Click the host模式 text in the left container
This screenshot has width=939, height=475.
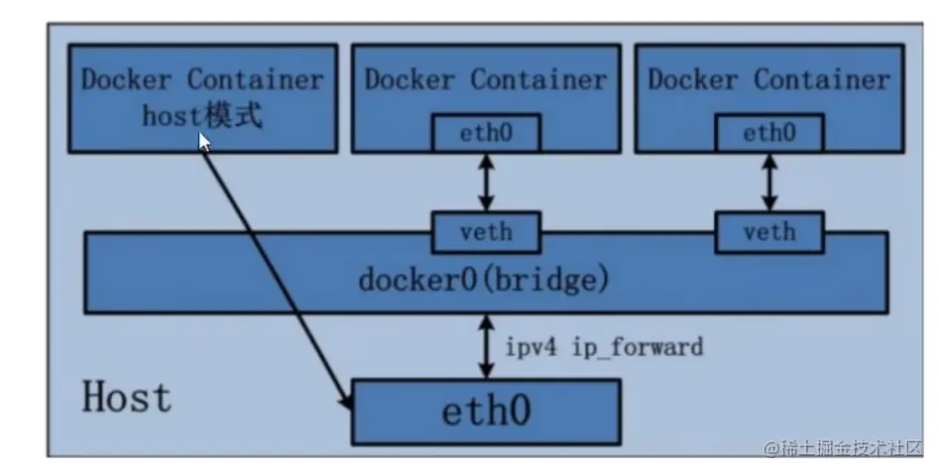point(202,116)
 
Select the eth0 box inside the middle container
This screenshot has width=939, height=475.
point(486,133)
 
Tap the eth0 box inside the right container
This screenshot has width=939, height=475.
point(769,133)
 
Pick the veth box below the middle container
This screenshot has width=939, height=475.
point(486,232)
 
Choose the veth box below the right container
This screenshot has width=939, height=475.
point(769,232)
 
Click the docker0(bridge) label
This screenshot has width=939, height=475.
point(481,280)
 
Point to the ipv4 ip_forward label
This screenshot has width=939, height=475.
point(605,347)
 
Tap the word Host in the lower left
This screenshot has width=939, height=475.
point(126,398)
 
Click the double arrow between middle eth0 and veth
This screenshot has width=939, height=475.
point(486,181)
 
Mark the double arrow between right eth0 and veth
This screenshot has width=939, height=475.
point(769,181)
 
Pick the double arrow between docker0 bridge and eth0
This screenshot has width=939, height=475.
point(486,346)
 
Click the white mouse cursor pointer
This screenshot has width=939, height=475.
point(205,141)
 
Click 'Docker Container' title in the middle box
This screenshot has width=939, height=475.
point(486,79)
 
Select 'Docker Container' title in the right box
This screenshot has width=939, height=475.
point(769,79)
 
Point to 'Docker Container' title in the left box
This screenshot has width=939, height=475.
point(202,79)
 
